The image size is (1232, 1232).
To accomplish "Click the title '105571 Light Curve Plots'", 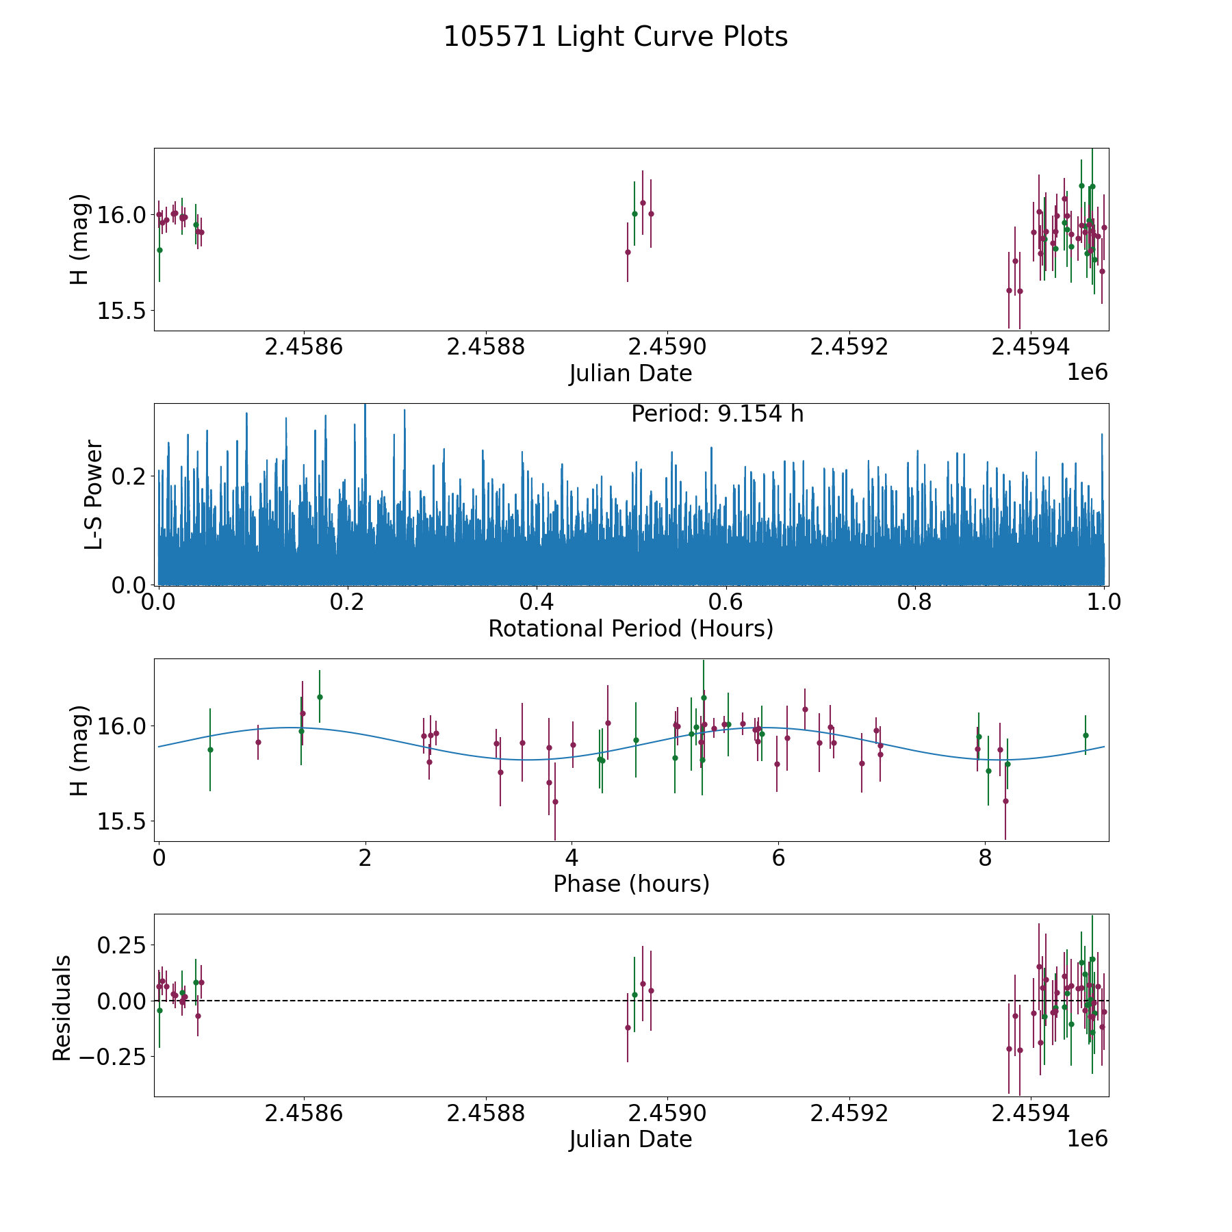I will [x=615, y=37].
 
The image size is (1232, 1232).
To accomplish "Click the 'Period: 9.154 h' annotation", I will [x=717, y=414].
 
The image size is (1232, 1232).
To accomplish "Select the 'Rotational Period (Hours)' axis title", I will [x=630, y=628].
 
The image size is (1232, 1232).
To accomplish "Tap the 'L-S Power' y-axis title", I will [x=94, y=494].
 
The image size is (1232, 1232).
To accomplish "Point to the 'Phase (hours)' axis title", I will [x=631, y=884].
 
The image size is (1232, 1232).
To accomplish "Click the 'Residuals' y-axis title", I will [x=62, y=1008].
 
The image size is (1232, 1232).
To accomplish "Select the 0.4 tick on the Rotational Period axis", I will [x=537, y=602].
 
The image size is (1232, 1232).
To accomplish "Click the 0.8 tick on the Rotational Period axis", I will [x=915, y=602].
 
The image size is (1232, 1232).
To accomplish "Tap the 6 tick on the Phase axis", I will [x=778, y=858].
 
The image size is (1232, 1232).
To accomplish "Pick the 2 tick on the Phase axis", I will [x=365, y=858].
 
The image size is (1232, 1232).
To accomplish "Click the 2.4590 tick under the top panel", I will [x=667, y=347].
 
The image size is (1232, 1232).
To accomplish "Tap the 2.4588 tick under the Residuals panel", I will [x=485, y=1113].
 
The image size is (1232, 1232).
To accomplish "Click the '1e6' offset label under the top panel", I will [x=1087, y=372].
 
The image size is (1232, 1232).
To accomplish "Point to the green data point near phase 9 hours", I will [x=1086, y=735].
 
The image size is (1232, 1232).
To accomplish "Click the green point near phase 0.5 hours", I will [x=210, y=749].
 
